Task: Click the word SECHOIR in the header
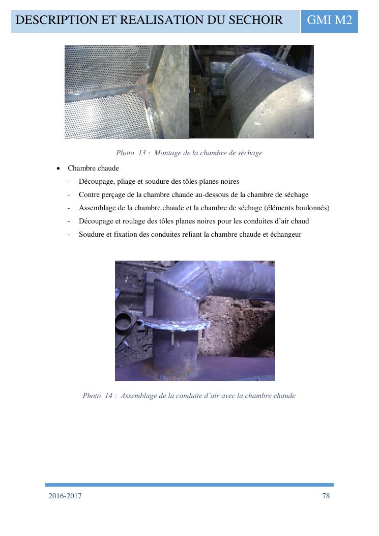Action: click(x=255, y=20)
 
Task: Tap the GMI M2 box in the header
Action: click(x=330, y=21)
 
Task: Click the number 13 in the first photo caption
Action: click(x=142, y=153)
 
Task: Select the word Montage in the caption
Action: click(x=167, y=153)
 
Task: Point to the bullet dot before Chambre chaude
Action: click(x=59, y=168)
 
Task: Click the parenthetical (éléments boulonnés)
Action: click(x=297, y=208)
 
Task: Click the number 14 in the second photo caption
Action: click(x=109, y=396)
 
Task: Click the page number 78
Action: click(x=326, y=496)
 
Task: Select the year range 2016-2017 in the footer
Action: click(x=65, y=496)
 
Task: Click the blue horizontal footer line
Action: click(x=189, y=485)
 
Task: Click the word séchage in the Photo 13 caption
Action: click(x=250, y=153)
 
